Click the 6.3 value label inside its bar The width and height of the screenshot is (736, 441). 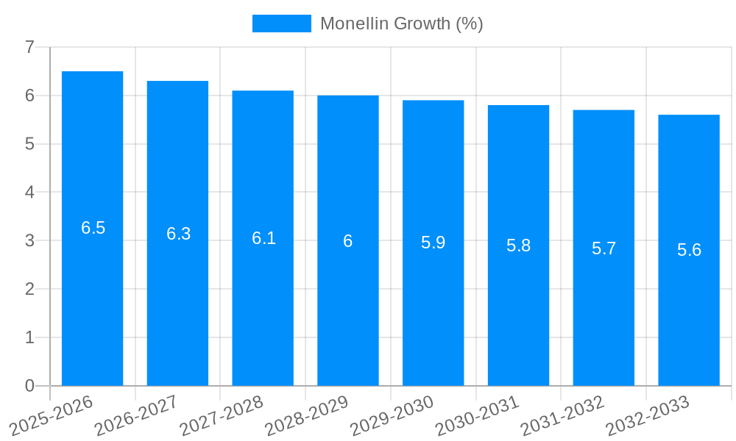(x=178, y=234)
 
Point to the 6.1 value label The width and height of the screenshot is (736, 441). (x=263, y=238)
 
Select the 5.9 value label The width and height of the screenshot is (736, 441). (x=433, y=243)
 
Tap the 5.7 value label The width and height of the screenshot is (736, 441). (x=604, y=248)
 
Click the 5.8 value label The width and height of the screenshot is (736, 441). (x=518, y=245)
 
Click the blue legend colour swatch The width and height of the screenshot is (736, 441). (x=281, y=24)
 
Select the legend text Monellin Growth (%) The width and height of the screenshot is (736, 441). (x=401, y=24)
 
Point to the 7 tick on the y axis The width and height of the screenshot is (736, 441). (x=29, y=48)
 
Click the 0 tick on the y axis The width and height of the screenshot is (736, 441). (x=29, y=386)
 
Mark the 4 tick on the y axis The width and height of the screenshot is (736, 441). (x=29, y=193)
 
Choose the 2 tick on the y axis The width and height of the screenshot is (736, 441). (x=29, y=290)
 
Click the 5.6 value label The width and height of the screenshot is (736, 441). (x=689, y=250)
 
